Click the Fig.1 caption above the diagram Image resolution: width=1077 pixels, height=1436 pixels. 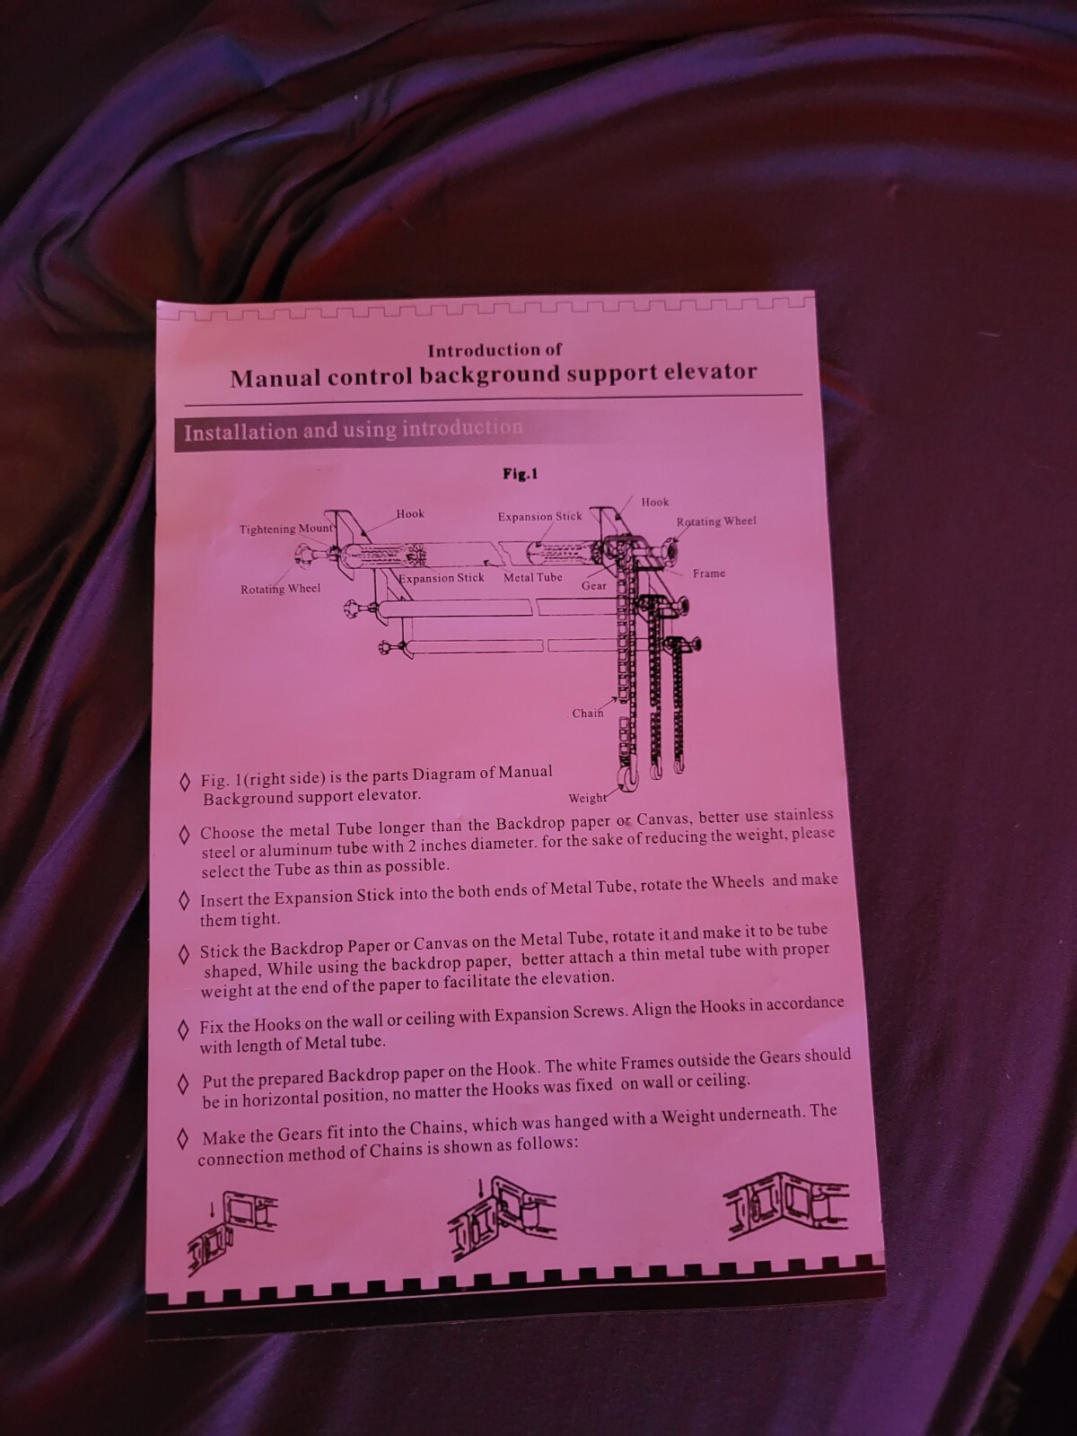coord(520,474)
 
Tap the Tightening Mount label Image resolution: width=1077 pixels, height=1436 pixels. coord(286,528)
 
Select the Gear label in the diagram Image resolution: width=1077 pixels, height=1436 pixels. coord(594,586)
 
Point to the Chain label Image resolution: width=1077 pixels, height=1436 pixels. coord(588,714)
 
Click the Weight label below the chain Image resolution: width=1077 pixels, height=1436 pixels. coord(587,798)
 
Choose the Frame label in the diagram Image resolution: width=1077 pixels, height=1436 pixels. coord(709,574)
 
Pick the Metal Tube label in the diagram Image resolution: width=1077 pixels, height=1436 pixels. coord(532,577)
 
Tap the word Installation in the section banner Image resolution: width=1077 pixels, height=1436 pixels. coord(241,433)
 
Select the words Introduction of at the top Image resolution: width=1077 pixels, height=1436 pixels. coord(495,350)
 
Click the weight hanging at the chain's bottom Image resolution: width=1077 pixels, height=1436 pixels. coord(628,778)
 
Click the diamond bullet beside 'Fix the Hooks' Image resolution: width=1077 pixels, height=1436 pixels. coord(184,1032)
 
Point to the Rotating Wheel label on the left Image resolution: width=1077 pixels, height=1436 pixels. coord(281,589)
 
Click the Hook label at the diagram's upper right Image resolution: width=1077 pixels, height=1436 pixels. coord(654,502)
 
